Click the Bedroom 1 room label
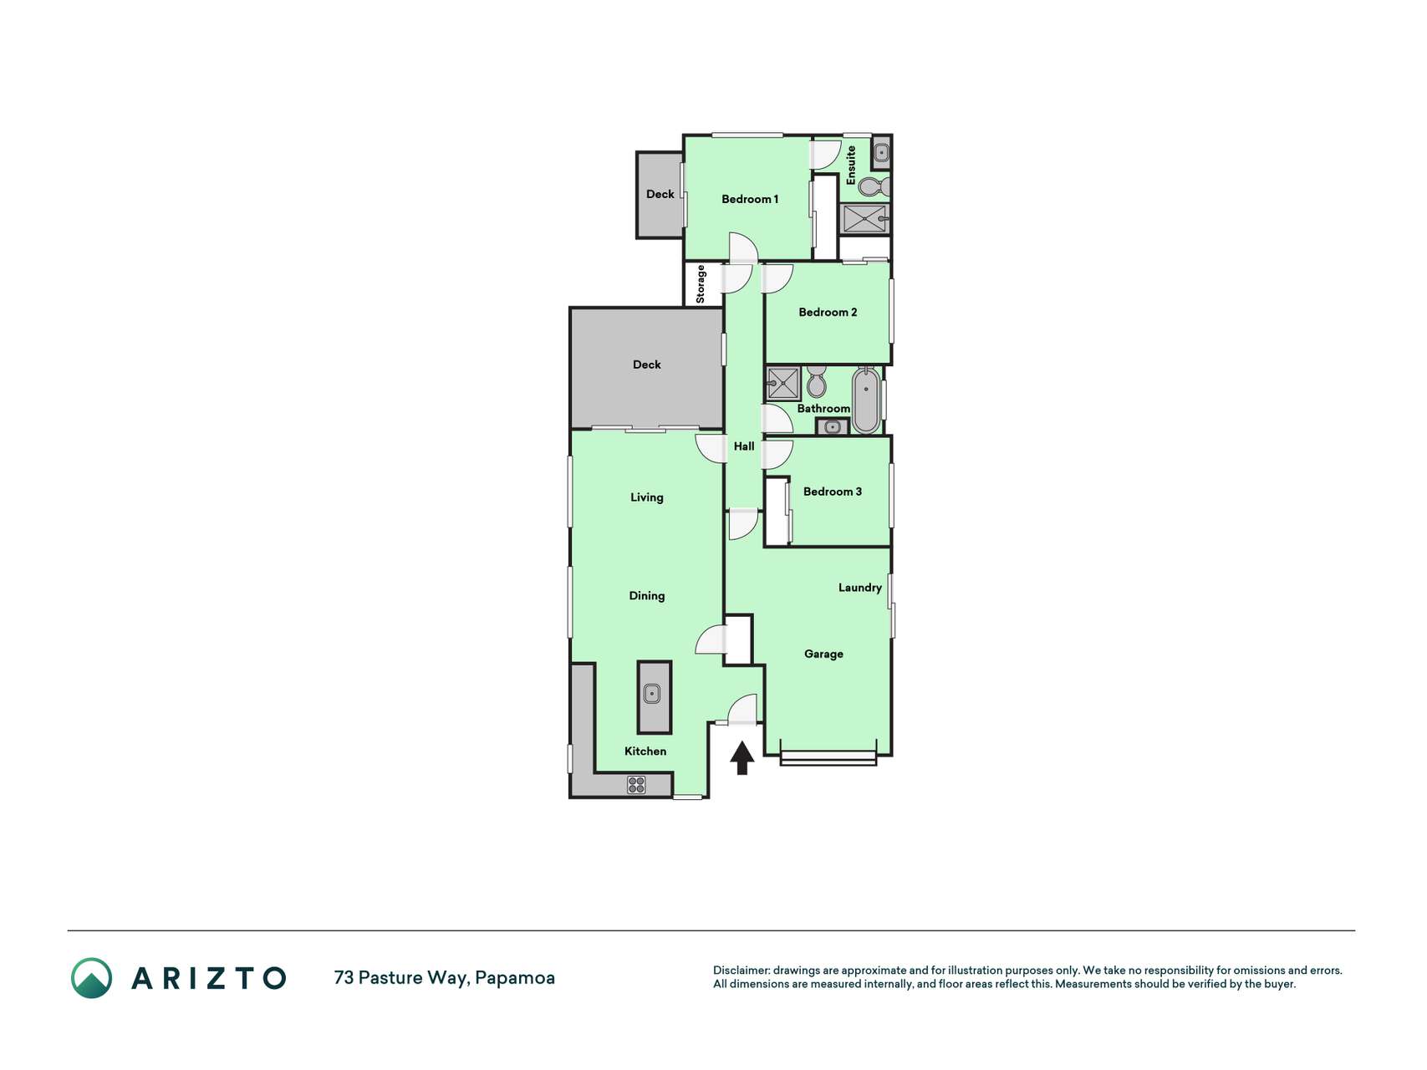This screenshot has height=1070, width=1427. (750, 199)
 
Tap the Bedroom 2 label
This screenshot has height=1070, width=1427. (828, 312)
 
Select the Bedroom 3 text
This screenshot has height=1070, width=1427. (833, 492)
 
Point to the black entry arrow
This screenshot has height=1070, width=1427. (742, 757)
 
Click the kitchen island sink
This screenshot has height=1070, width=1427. (652, 693)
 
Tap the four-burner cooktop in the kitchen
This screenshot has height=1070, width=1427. (636, 784)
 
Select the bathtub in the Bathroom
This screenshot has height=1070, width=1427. (866, 400)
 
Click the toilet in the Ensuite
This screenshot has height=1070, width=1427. (874, 186)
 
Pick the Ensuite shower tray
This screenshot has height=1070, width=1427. (864, 219)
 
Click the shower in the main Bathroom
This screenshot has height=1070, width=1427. (783, 384)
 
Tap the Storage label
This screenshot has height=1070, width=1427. (701, 284)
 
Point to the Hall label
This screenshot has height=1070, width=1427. (744, 446)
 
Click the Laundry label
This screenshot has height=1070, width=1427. (860, 588)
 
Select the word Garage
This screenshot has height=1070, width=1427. (823, 654)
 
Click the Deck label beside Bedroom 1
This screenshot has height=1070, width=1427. (660, 194)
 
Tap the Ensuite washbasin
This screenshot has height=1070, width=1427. (881, 153)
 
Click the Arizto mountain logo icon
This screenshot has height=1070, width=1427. (91, 978)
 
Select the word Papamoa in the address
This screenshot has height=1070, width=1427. (515, 978)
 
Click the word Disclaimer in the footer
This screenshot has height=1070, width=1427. (742, 971)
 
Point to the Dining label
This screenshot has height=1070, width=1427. (647, 596)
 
